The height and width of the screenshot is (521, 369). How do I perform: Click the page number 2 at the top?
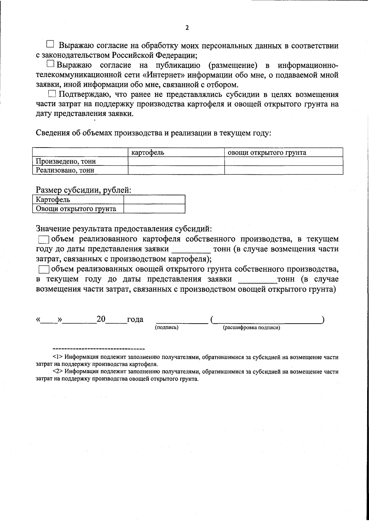187,28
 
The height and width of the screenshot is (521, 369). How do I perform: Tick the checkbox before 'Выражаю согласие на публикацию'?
51,64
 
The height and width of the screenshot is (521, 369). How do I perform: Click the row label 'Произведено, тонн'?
66,161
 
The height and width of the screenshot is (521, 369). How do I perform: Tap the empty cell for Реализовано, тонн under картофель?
176,170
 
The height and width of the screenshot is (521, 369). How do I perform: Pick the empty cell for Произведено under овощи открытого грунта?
283,161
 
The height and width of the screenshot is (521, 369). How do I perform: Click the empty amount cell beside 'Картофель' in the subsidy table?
154,200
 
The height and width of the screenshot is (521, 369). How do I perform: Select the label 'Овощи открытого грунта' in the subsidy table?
76,209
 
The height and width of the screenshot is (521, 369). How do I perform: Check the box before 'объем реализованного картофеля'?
44,239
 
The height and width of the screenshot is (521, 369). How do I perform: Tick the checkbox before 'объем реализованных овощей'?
44,269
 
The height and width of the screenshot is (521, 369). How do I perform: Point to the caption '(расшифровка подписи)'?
251,328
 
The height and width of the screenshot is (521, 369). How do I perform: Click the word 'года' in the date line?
135,320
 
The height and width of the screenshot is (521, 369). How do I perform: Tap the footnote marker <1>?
58,357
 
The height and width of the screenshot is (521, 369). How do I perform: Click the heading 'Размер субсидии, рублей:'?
84,190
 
